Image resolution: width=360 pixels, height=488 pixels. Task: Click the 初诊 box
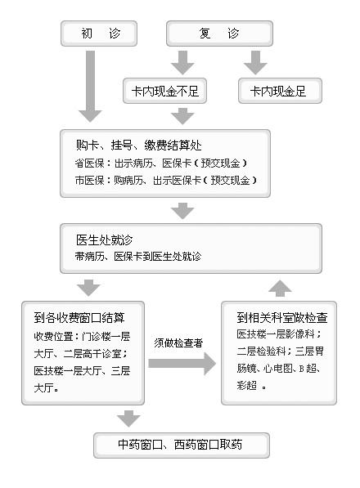point(99,34)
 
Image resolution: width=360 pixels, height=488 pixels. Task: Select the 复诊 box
point(219,34)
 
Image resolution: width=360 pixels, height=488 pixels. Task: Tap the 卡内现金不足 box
point(164,91)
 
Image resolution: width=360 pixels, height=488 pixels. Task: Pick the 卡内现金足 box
point(280,91)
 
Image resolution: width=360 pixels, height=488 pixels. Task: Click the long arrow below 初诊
point(90,86)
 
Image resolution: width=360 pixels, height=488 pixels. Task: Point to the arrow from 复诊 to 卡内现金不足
point(182,63)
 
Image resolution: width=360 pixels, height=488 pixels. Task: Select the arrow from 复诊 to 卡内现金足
point(255,63)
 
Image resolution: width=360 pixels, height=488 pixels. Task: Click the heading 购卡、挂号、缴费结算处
point(138,145)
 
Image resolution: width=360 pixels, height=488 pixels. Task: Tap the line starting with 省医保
point(160,163)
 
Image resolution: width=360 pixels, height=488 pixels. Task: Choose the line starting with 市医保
point(165,180)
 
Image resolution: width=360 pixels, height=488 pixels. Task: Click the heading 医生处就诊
point(105,240)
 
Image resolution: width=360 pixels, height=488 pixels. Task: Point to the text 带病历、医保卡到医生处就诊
point(138,257)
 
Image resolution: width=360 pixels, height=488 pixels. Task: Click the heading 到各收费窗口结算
point(79,317)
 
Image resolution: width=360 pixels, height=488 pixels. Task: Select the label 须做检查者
point(178,343)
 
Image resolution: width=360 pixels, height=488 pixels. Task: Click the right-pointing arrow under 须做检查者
point(182,364)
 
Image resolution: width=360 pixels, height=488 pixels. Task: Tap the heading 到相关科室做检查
point(282,317)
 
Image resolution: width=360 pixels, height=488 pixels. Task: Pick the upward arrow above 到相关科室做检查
point(280,289)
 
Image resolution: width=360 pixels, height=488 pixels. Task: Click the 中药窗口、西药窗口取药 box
point(182,445)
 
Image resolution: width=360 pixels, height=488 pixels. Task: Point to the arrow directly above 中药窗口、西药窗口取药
point(128,419)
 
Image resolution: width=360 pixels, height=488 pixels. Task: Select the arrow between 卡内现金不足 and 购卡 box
point(182,116)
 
